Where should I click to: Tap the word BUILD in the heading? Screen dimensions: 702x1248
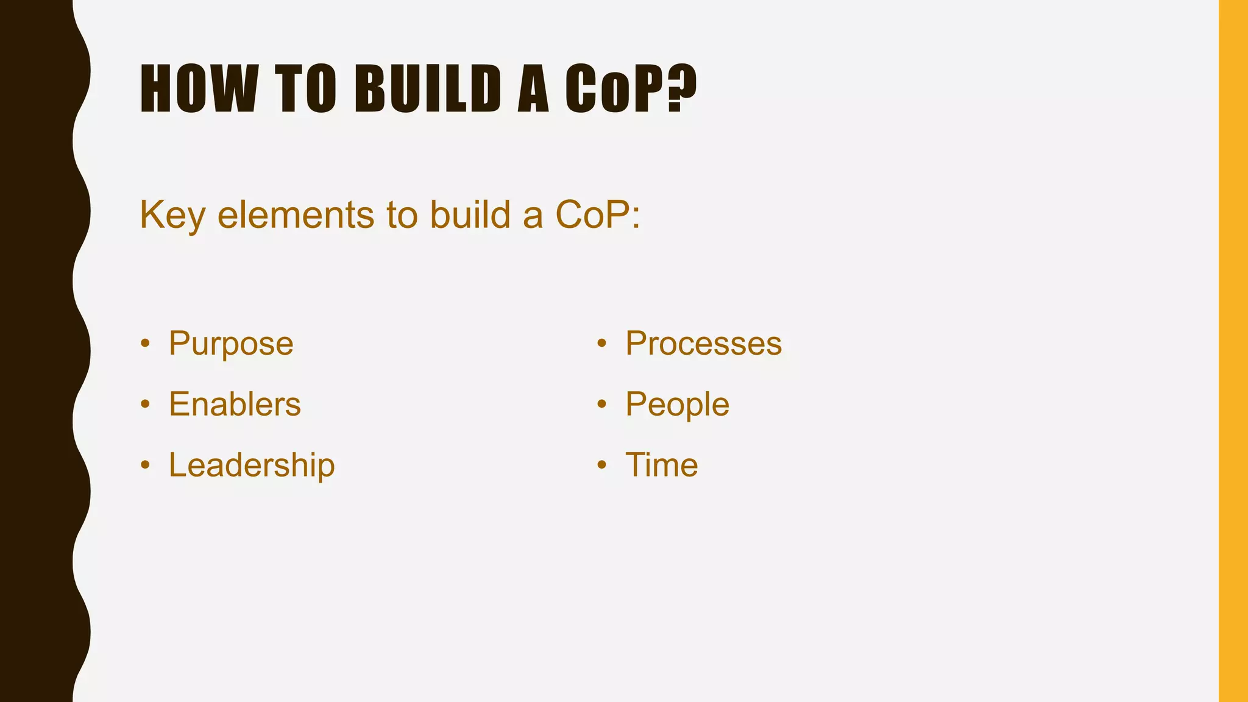pos(427,89)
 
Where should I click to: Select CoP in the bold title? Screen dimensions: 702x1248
pos(614,89)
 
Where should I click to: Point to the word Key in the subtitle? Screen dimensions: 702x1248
pos(171,215)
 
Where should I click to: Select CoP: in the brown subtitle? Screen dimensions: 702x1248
pos(597,215)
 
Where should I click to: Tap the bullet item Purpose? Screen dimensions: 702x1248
pos(231,343)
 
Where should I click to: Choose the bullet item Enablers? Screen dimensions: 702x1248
pos(235,404)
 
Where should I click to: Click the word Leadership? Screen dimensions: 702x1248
pos(252,465)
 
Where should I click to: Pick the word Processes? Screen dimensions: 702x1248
pos(703,343)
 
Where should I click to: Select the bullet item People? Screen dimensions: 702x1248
pos(677,404)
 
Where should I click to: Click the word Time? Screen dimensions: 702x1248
pos(661,465)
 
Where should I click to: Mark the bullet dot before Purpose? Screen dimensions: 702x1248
pos(145,344)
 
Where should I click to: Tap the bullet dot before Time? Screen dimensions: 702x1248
pos(601,466)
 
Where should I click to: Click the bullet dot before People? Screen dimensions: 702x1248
pos(601,405)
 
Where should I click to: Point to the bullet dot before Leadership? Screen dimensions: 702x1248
pos(145,466)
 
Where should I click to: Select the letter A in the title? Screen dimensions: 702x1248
pos(533,89)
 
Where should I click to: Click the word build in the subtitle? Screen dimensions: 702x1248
pos(470,215)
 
